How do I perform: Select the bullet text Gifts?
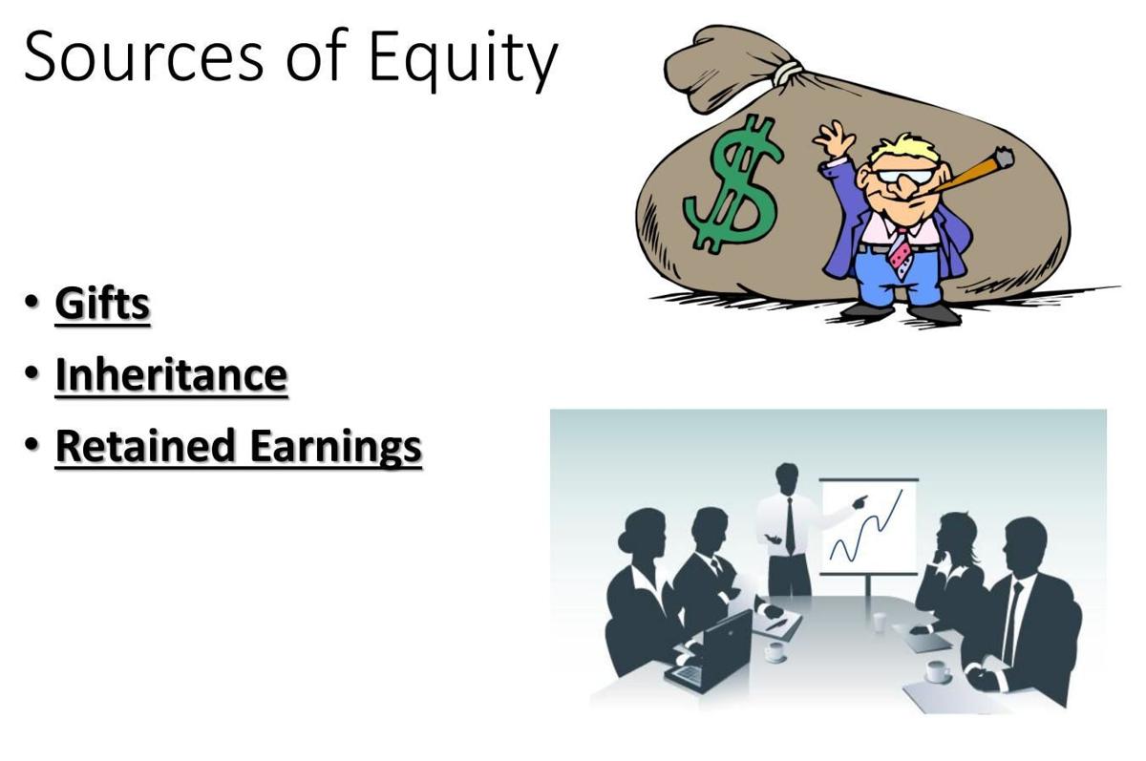click(103, 304)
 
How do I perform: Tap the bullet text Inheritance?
click(171, 374)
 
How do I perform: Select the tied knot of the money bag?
click(786, 72)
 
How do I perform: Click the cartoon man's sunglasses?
click(906, 177)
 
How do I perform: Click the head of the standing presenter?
click(787, 476)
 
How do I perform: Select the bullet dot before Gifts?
click(33, 303)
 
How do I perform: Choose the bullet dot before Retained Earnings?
click(33, 445)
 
